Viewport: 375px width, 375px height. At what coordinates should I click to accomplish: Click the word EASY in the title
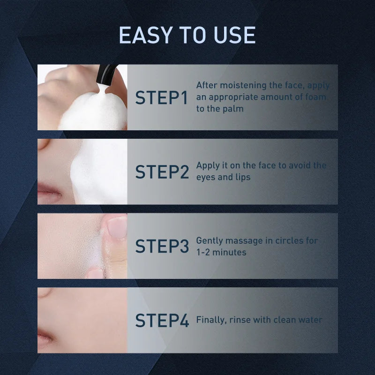tap(146, 35)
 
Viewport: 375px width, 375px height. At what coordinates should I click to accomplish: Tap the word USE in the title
tap(234, 35)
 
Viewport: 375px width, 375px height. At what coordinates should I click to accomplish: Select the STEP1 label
tap(161, 97)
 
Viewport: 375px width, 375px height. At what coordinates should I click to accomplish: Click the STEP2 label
tap(162, 172)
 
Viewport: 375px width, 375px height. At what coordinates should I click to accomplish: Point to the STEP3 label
tap(162, 246)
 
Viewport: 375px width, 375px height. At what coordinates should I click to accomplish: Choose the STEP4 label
tap(162, 321)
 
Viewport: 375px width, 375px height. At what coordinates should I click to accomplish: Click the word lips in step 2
tap(243, 177)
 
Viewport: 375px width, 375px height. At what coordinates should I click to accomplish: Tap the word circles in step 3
tap(289, 240)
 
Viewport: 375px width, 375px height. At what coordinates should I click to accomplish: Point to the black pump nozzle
tap(105, 75)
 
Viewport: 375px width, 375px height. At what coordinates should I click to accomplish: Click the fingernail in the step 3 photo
tap(117, 227)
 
